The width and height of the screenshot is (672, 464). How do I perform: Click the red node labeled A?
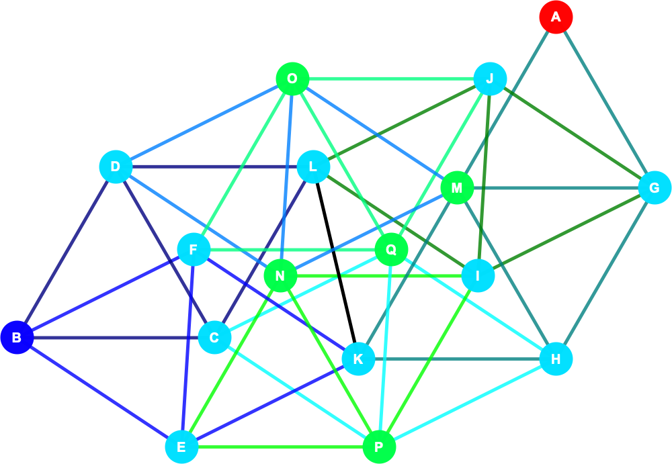pos(556,17)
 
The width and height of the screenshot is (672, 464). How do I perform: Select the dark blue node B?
pos(17,338)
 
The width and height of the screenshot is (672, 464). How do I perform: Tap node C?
pos(215,338)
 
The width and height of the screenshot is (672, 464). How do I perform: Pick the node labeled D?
pos(116,167)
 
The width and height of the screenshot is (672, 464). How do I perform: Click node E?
pos(181,447)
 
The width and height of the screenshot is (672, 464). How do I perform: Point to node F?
pos(194,249)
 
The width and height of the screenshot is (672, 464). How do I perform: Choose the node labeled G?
pos(655,187)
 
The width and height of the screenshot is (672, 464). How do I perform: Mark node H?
pos(556,359)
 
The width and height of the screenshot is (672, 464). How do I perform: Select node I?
pos(478,276)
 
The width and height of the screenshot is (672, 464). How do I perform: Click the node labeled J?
pos(491,79)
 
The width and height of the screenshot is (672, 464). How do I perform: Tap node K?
pos(358,359)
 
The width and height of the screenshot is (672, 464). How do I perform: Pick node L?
pos(313,167)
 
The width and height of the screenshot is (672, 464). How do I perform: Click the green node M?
pos(457,187)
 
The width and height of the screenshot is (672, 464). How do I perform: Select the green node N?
pos(281,276)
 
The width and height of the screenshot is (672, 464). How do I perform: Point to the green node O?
pos(293,79)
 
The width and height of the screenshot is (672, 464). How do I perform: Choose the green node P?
pos(379,447)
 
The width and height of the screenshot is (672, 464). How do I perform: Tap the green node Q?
pos(391,249)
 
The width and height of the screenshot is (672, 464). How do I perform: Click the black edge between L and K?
pos(336,263)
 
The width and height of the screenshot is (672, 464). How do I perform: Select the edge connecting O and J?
pos(391,79)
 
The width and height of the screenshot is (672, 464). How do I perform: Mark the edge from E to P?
pos(280,447)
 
